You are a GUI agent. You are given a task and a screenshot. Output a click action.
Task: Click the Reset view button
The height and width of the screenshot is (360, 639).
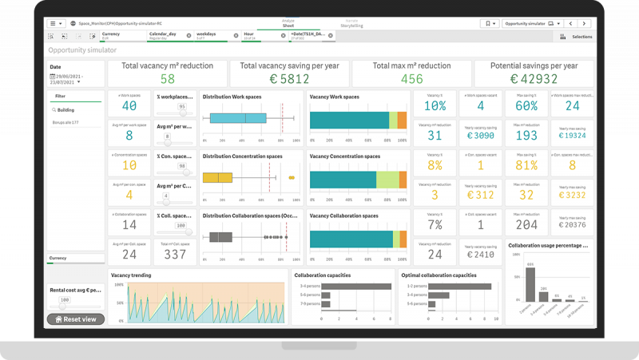coord(76,318)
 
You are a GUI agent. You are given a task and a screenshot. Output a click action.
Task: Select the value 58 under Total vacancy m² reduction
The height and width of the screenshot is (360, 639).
coord(167,79)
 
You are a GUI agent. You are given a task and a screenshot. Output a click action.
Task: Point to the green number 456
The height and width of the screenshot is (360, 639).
coord(411,79)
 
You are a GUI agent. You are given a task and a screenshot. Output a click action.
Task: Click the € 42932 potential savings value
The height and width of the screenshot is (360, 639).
coord(534,79)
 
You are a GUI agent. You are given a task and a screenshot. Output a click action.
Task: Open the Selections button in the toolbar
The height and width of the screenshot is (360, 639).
coord(577,37)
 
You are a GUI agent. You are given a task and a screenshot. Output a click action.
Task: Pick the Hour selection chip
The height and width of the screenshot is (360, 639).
coord(258,36)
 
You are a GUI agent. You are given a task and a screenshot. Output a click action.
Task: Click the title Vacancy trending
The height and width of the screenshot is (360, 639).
coord(131,275)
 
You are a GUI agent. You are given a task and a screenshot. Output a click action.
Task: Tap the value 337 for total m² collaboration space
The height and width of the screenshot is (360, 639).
coord(174,255)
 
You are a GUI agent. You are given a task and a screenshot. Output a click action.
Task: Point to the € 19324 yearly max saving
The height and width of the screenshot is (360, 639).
coord(572,135)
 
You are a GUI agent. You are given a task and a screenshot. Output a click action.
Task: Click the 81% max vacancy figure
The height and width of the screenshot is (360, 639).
coord(526,165)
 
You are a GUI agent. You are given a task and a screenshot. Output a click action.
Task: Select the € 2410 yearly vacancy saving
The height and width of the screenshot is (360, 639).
coord(480,255)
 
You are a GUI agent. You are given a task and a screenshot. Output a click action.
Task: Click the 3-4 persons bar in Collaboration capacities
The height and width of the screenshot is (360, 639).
coord(343,285)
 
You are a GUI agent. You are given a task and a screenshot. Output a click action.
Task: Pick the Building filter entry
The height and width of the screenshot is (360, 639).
coord(66,110)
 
